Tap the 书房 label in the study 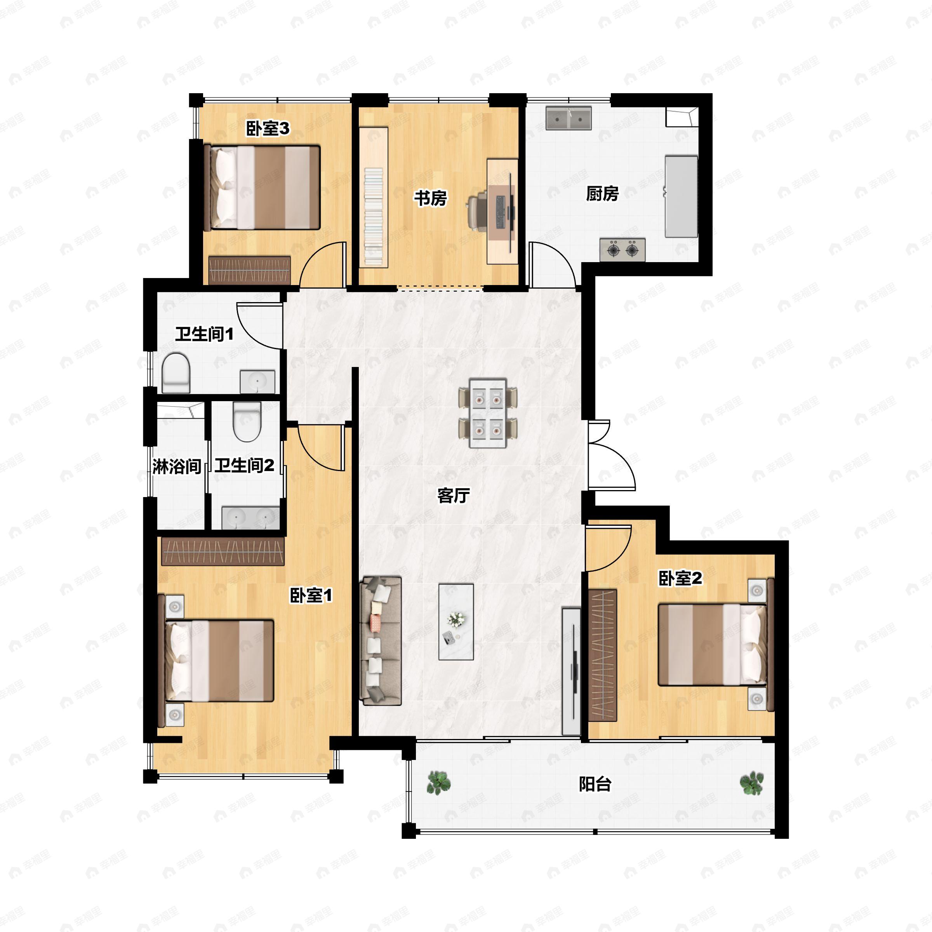click(x=430, y=198)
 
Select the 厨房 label click(x=602, y=193)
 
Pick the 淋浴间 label click(x=177, y=466)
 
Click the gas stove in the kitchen click(x=622, y=250)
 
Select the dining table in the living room click(x=488, y=413)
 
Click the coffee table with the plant click(x=456, y=622)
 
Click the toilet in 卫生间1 click(x=176, y=373)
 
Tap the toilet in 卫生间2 click(x=247, y=422)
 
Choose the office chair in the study click(x=478, y=210)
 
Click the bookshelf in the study click(x=374, y=196)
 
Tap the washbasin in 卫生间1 click(x=257, y=382)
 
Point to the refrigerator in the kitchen click(x=681, y=196)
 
